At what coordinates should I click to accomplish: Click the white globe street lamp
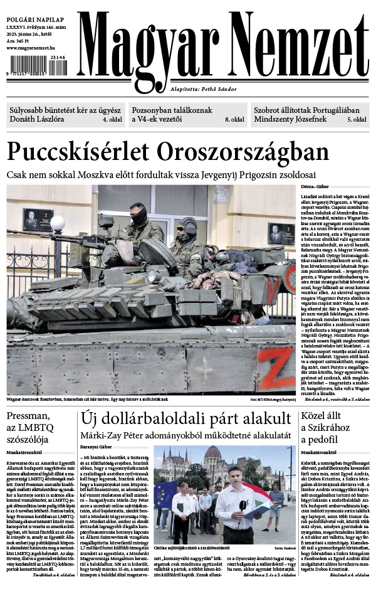click(x=58, y=223)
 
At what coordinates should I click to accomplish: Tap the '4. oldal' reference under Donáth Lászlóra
click(x=112, y=118)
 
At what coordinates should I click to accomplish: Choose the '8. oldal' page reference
click(x=234, y=118)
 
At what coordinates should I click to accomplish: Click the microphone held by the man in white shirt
click(x=242, y=507)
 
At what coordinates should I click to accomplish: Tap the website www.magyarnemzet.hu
click(x=32, y=48)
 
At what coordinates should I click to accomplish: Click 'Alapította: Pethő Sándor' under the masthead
click(x=203, y=89)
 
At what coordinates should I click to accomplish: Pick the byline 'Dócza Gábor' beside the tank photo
click(x=315, y=187)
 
